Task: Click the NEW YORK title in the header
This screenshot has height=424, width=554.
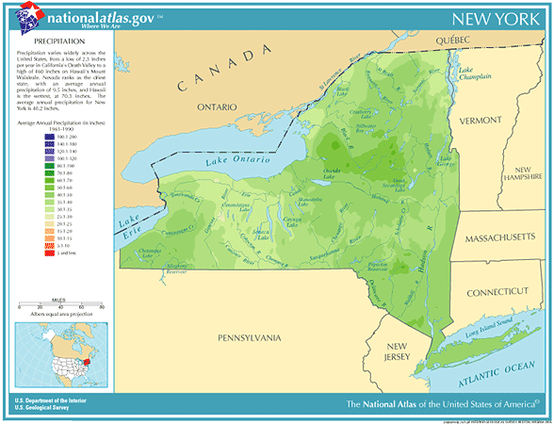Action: (491, 20)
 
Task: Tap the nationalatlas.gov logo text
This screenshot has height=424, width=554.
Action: (97, 16)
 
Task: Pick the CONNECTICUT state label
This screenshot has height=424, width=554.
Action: (499, 294)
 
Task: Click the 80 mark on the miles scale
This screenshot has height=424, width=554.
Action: (101, 307)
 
